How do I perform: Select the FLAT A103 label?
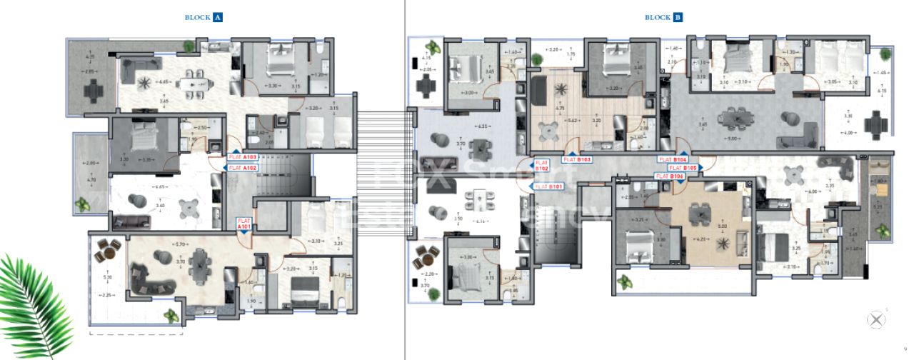pos(243,156)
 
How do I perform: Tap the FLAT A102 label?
pos(243,168)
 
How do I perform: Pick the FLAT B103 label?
pos(579,160)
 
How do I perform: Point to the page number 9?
pos(905,349)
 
